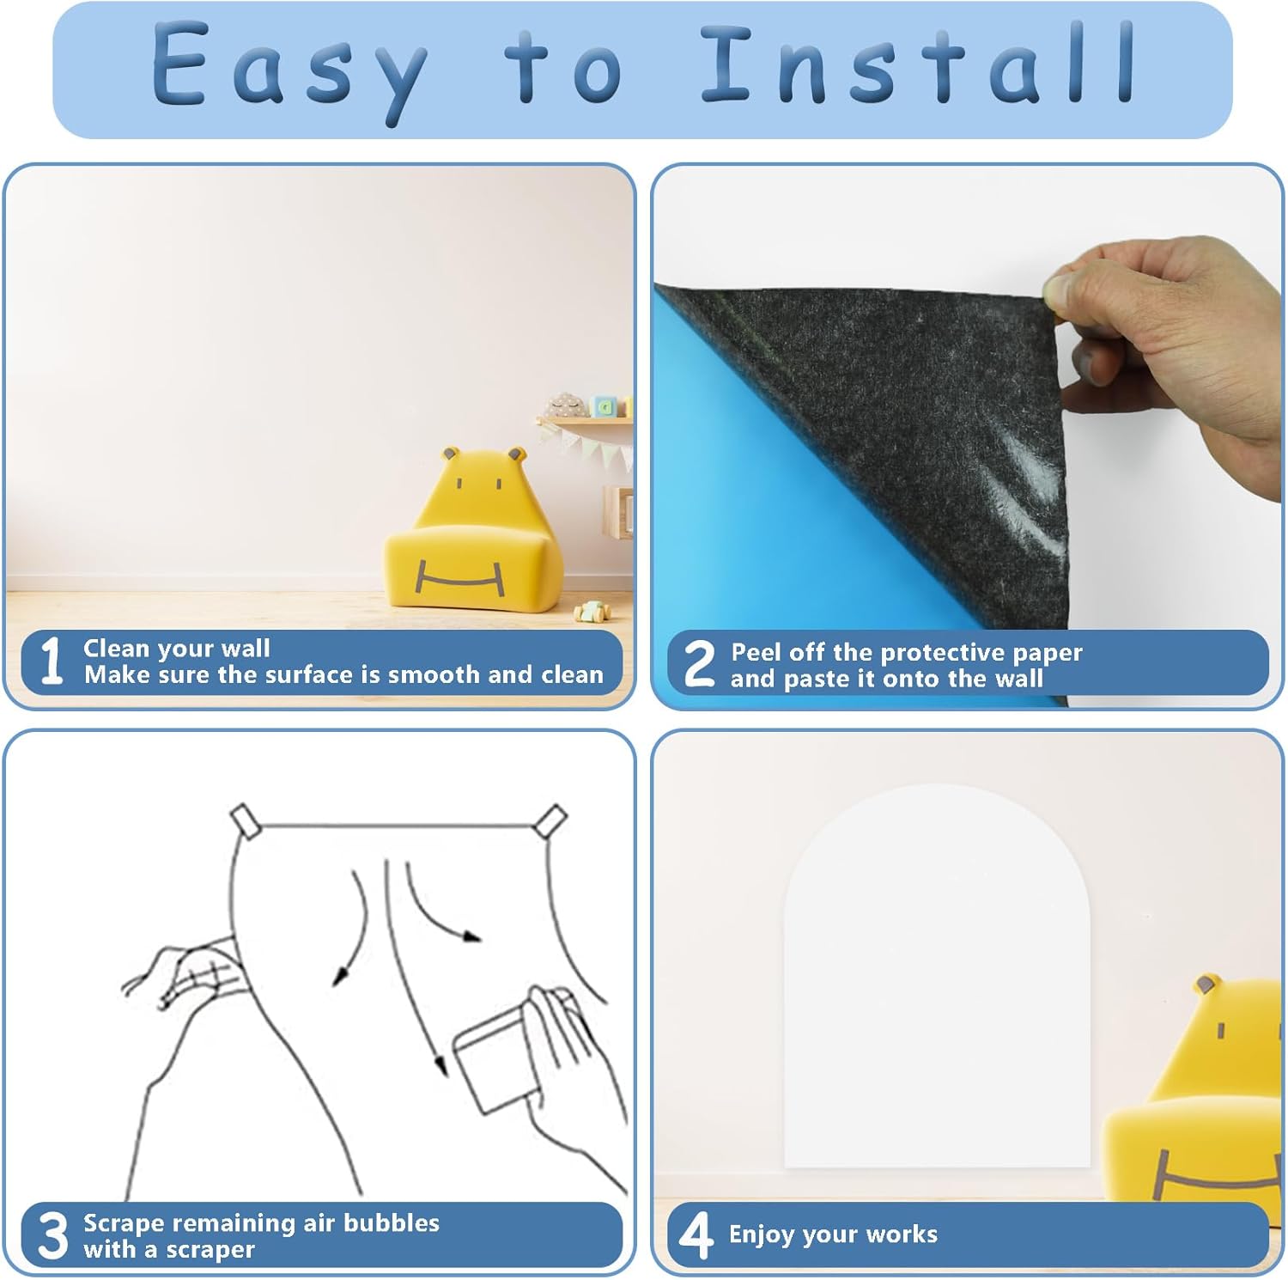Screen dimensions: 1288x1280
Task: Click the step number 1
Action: pyautogui.click(x=52, y=661)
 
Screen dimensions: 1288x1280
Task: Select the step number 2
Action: pyautogui.click(x=699, y=663)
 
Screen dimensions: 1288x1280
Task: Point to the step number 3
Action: pyautogui.click(x=53, y=1235)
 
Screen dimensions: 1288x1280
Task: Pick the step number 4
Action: pyautogui.click(x=696, y=1235)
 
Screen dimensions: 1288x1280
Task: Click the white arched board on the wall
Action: pyautogui.click(x=937, y=976)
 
